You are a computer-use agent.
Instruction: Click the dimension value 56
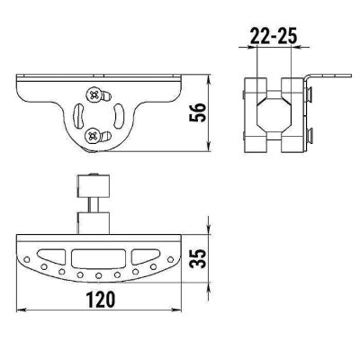tap(198, 112)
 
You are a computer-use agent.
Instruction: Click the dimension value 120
tap(101, 299)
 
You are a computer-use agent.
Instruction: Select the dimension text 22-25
tap(274, 36)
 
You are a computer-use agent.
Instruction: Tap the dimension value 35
tap(198, 257)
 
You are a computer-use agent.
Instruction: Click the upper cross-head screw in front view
tap(94, 95)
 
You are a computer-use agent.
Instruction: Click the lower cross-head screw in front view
tap(92, 136)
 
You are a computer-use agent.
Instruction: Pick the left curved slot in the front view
tap(78, 115)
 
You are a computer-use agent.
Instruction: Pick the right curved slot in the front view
tap(118, 115)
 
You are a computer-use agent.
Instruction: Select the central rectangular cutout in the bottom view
tap(98, 258)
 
